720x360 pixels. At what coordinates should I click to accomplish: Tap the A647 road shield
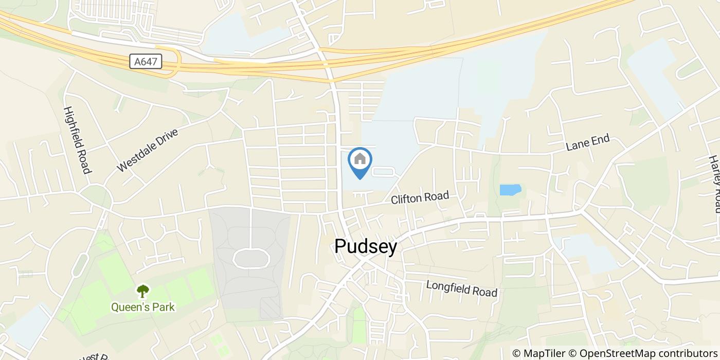pos(146,62)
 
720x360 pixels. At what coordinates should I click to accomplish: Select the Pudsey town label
pos(366,247)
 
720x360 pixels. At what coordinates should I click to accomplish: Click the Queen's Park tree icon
pos(142,292)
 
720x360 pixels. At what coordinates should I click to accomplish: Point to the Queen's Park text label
pos(143,308)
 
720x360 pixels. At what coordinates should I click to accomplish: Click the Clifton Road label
pos(420,198)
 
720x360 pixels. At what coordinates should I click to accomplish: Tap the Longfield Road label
pos(462,289)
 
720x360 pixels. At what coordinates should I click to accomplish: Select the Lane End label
pos(588,142)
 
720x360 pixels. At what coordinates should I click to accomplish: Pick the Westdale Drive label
pos(147,150)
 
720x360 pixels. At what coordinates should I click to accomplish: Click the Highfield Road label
pos(78,140)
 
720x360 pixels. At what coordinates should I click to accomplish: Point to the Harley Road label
pos(715,184)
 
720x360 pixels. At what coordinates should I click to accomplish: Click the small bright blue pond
pos(510,190)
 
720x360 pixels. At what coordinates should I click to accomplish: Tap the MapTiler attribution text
pos(538,353)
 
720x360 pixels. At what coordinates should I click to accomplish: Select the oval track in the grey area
pos(251,258)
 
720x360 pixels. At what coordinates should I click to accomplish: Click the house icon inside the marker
pos(360,159)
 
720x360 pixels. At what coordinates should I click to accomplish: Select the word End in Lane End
pos(600,139)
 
